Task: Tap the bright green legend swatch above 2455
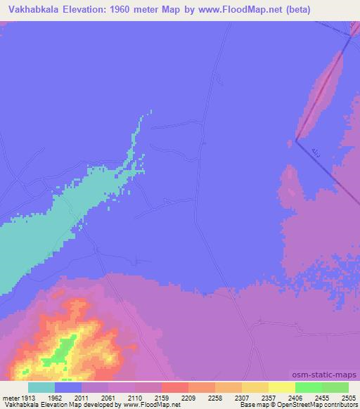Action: point(309,387)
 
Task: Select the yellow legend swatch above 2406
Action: point(281,387)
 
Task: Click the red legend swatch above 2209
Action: point(175,387)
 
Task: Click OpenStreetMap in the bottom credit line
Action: point(295,405)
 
